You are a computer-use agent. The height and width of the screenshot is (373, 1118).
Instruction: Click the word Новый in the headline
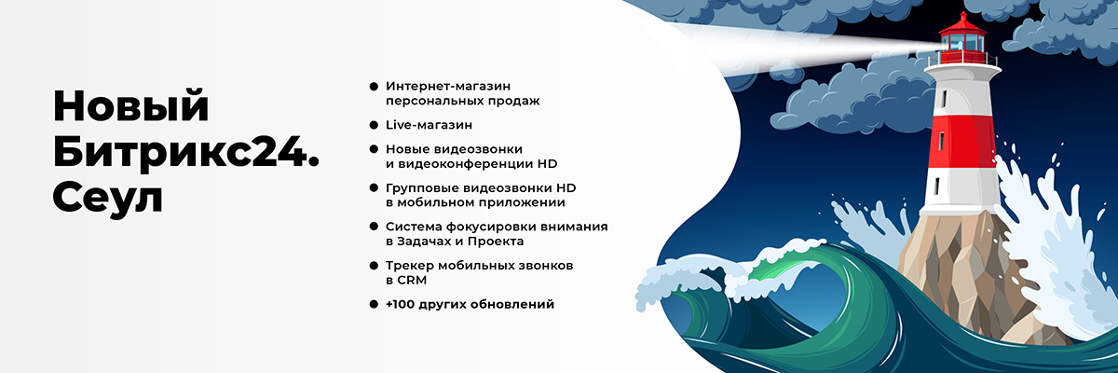pyautogui.click(x=130, y=106)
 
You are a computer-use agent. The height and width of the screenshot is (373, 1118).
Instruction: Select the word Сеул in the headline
pyautogui.click(x=107, y=197)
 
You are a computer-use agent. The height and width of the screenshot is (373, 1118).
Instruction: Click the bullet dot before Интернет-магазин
pyautogui.click(x=374, y=85)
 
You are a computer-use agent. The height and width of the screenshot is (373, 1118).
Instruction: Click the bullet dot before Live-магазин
pyautogui.click(x=374, y=124)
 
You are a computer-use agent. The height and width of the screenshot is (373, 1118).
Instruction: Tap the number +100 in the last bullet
pyautogui.click(x=403, y=304)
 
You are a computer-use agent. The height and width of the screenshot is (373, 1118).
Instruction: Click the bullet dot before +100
pyautogui.click(x=374, y=304)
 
